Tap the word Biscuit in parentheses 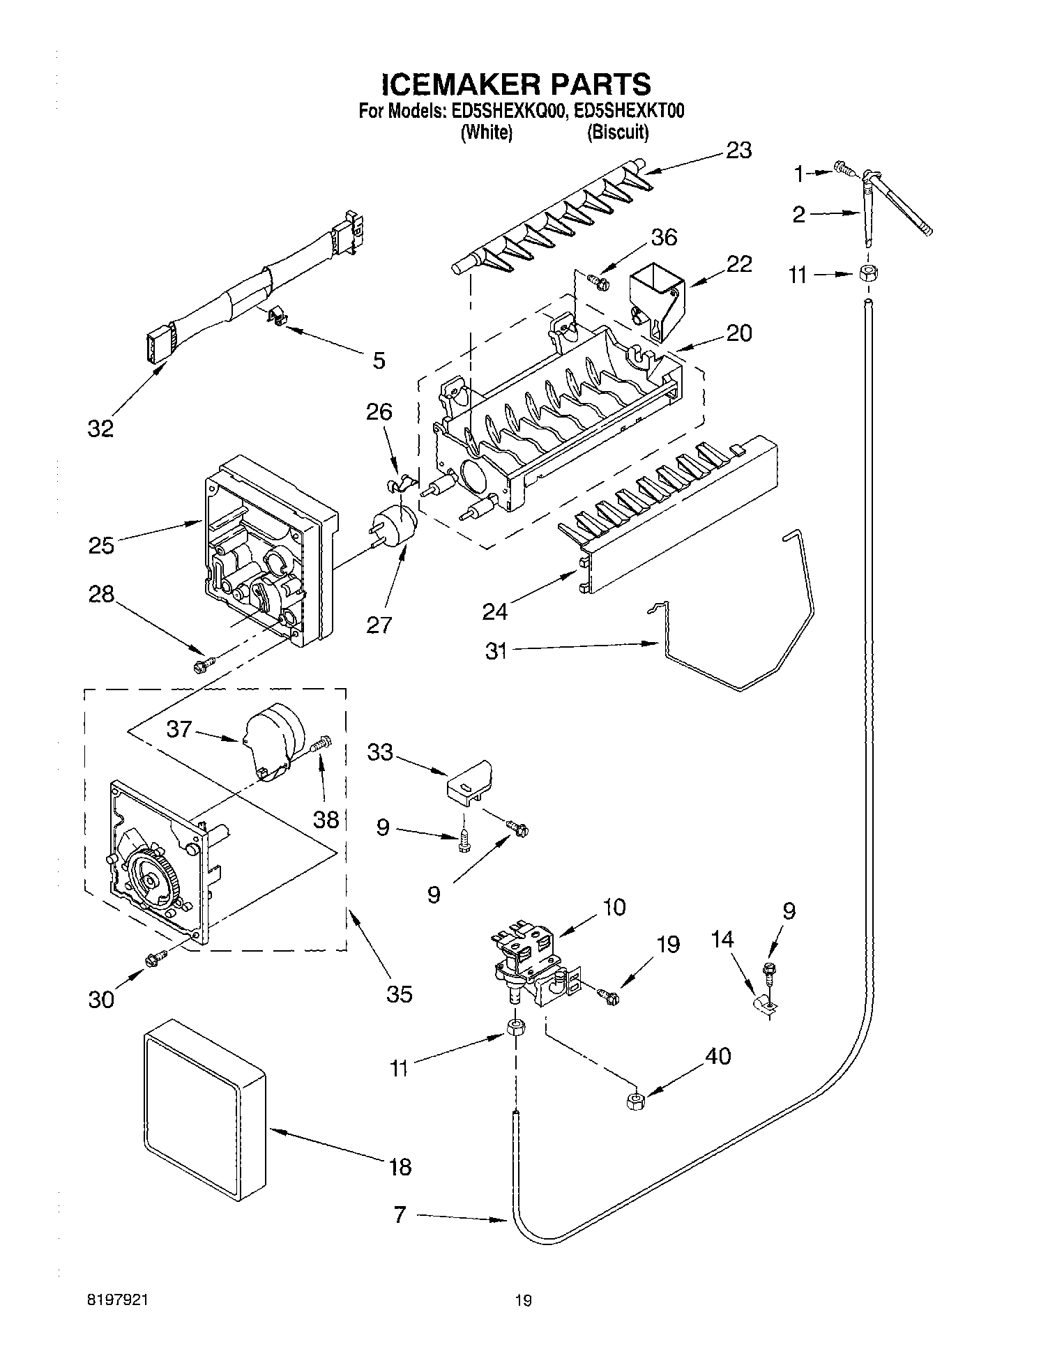point(618,132)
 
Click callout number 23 point(738,150)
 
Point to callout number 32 point(100,429)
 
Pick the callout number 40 point(717,1056)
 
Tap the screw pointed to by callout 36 point(598,282)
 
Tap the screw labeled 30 point(155,959)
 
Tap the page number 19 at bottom point(523,1300)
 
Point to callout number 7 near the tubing point(400,1215)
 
